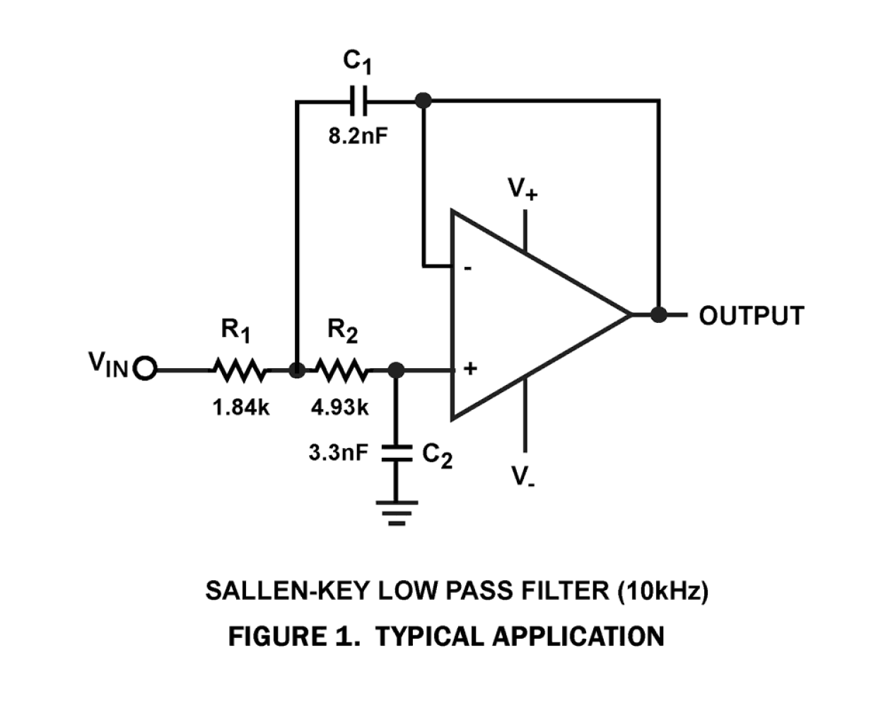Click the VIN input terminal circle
(x=146, y=369)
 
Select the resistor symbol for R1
(x=239, y=369)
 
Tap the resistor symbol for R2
(x=341, y=369)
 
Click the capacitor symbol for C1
(x=359, y=101)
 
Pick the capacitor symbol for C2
(x=397, y=454)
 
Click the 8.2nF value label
(x=358, y=136)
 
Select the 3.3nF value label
(x=338, y=453)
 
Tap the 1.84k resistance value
(x=241, y=408)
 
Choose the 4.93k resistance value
(x=340, y=408)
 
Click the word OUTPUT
(x=752, y=316)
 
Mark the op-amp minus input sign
(x=467, y=269)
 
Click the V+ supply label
(x=523, y=189)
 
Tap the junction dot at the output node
(x=658, y=314)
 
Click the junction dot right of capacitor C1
(x=423, y=101)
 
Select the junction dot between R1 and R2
(x=298, y=370)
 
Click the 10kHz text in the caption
(x=662, y=591)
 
